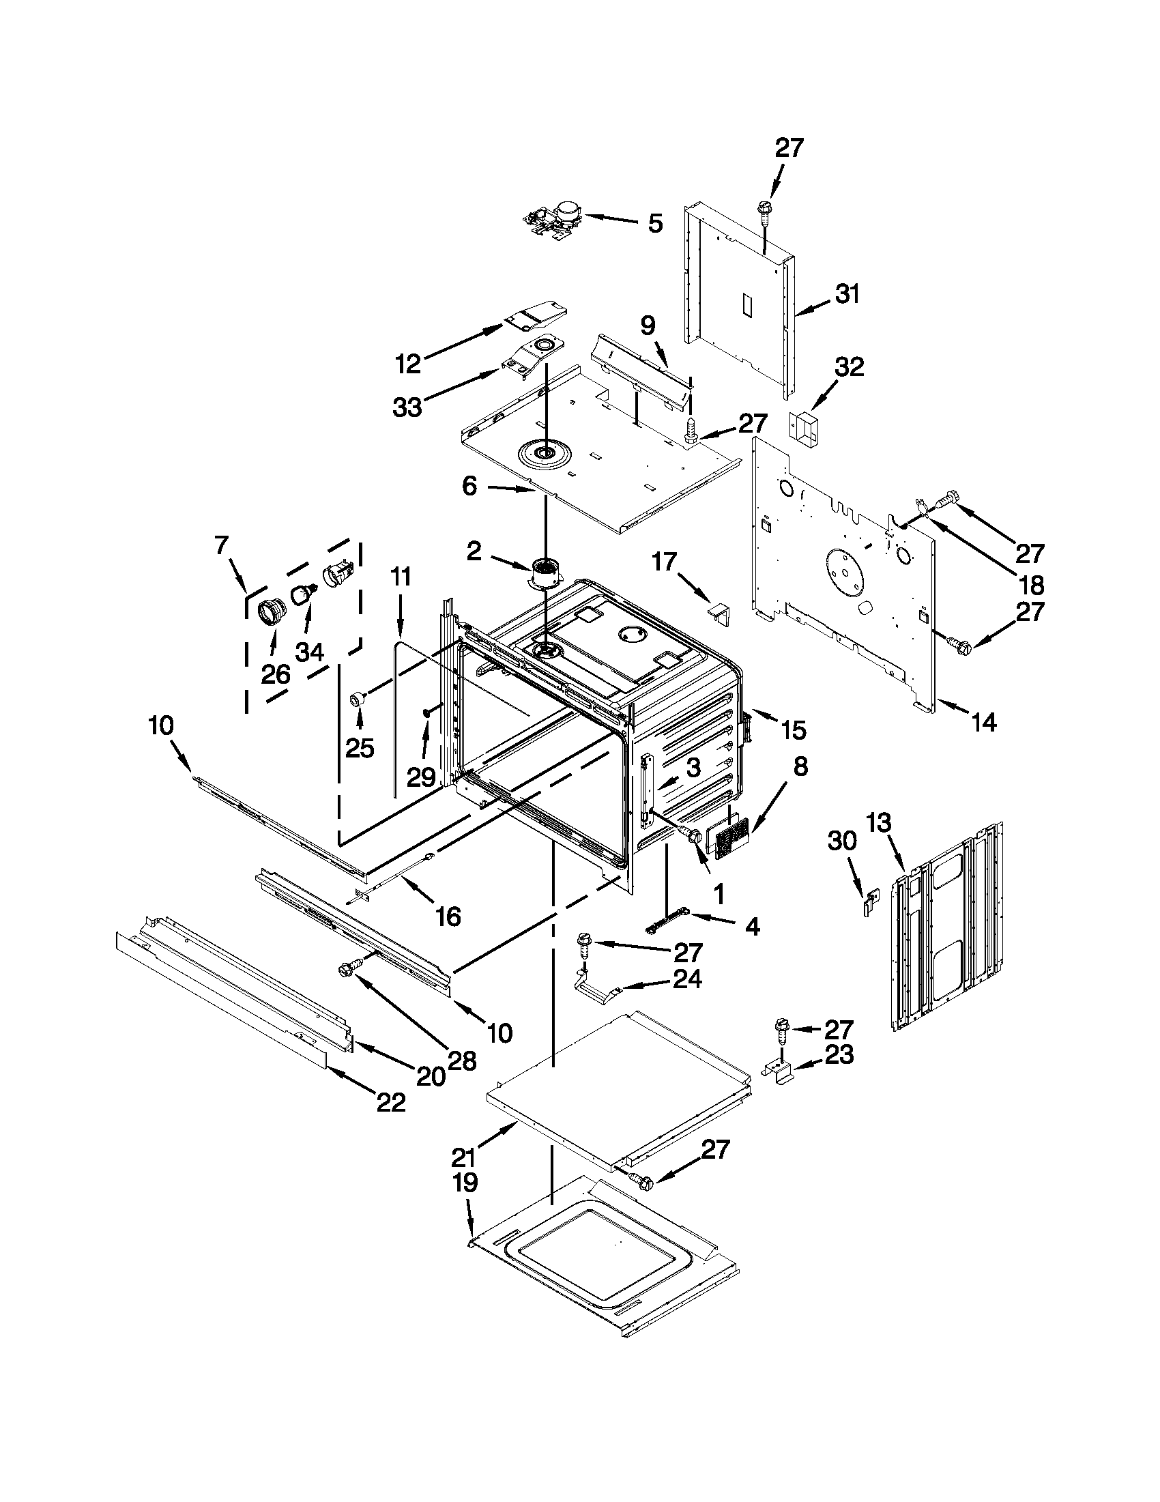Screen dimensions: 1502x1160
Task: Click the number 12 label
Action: [409, 364]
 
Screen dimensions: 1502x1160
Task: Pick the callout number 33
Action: [408, 407]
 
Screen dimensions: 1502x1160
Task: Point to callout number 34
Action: [309, 650]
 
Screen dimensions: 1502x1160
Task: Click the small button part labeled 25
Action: [358, 699]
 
